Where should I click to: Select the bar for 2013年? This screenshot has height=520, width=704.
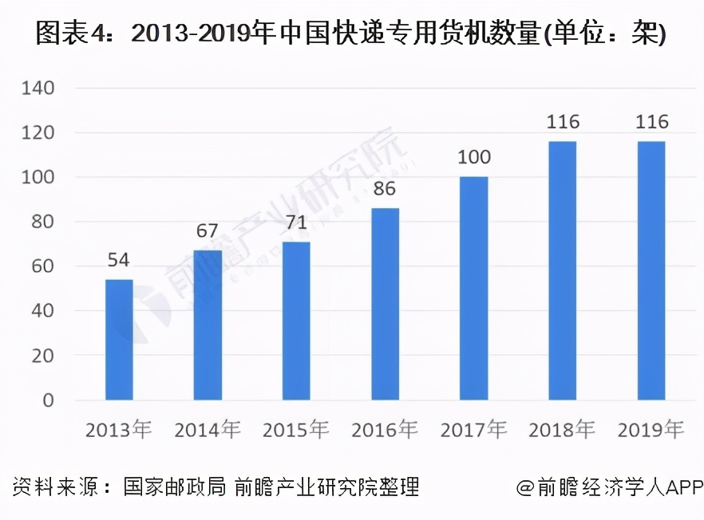tap(119, 340)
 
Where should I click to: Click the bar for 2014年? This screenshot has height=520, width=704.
tap(208, 325)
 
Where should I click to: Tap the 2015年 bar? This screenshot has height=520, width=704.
tap(296, 321)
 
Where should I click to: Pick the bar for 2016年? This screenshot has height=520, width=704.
tap(385, 304)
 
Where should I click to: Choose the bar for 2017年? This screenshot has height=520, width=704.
tap(473, 288)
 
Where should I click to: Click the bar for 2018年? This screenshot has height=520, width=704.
tap(562, 270)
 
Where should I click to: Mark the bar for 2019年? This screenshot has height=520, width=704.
tap(651, 270)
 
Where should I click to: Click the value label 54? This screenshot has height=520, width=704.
tap(119, 260)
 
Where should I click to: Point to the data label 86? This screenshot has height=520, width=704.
tap(385, 189)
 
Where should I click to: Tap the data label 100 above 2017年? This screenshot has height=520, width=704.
tap(473, 157)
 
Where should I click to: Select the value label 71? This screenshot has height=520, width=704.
tap(296, 223)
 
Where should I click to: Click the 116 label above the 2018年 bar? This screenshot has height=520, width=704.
tap(562, 122)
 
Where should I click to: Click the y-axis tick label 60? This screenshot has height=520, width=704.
tap(42, 266)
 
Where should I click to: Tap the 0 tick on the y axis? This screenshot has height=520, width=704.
tap(48, 400)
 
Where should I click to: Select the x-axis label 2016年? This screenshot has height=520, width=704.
tap(385, 431)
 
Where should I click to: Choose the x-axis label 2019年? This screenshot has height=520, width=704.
tap(651, 431)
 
